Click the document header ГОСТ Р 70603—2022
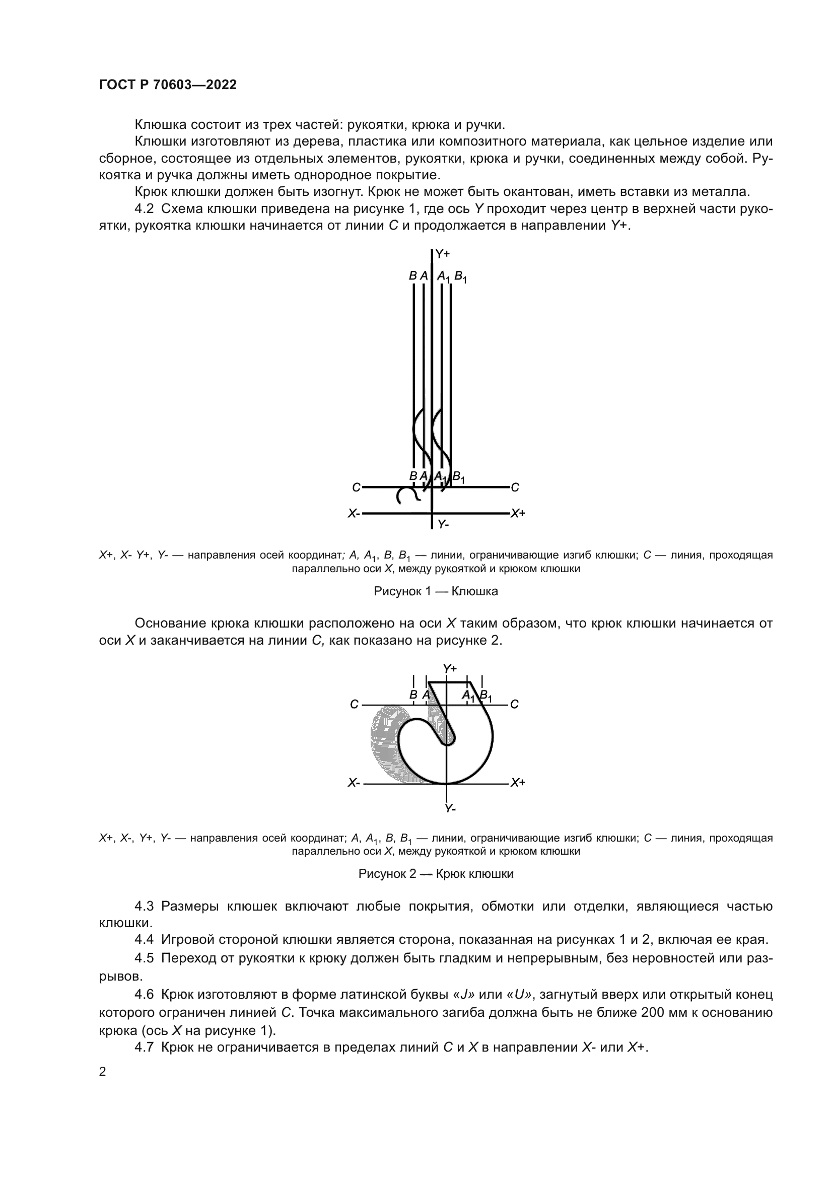[168, 85]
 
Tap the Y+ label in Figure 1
[443, 253]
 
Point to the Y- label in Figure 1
[443, 524]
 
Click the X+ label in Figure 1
[518, 513]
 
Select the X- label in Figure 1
[354, 513]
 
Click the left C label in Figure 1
[356, 488]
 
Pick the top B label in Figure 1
[412, 275]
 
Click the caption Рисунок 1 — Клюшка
[436, 591]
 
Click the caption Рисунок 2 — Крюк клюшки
[436, 874]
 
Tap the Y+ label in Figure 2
[450, 668]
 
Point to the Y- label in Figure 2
[450, 809]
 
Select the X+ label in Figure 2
[518, 783]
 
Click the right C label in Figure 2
[515, 705]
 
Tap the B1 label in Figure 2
[485, 696]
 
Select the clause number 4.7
[144, 1048]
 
